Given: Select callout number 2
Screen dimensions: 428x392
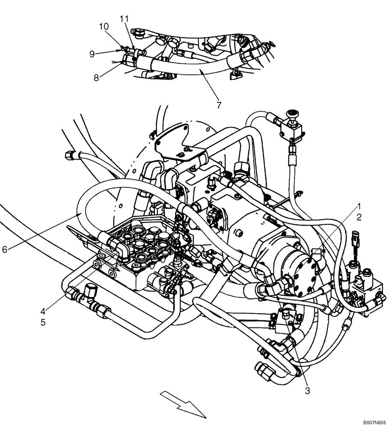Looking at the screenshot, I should [359, 217].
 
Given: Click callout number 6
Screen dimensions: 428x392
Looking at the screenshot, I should [5, 249].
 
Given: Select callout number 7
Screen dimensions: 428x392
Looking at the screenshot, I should [219, 105].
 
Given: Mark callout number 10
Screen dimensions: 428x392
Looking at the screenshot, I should [104, 27].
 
